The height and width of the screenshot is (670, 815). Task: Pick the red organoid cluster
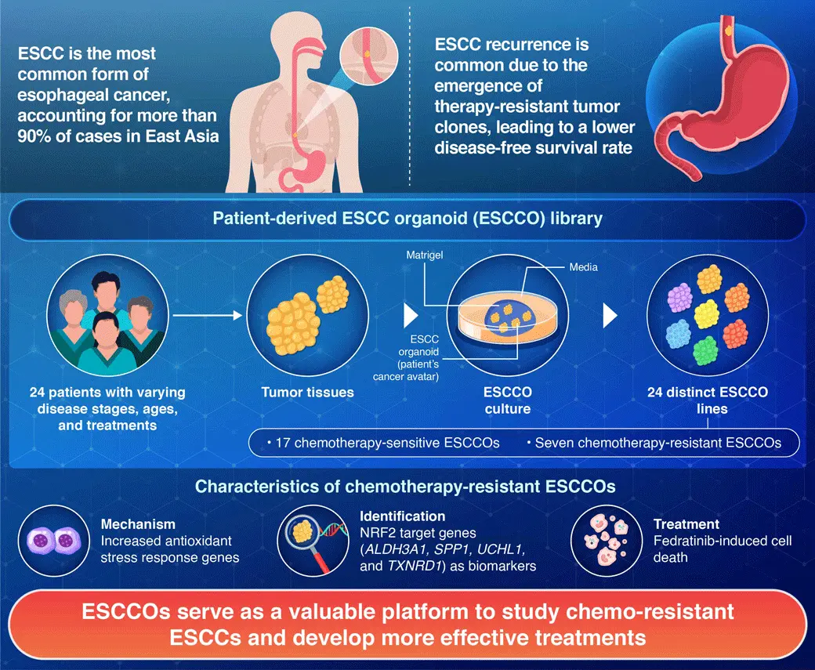[735, 333]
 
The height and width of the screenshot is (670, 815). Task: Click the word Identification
[402, 516]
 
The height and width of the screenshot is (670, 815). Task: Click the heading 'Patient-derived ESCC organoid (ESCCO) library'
[407, 218]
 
